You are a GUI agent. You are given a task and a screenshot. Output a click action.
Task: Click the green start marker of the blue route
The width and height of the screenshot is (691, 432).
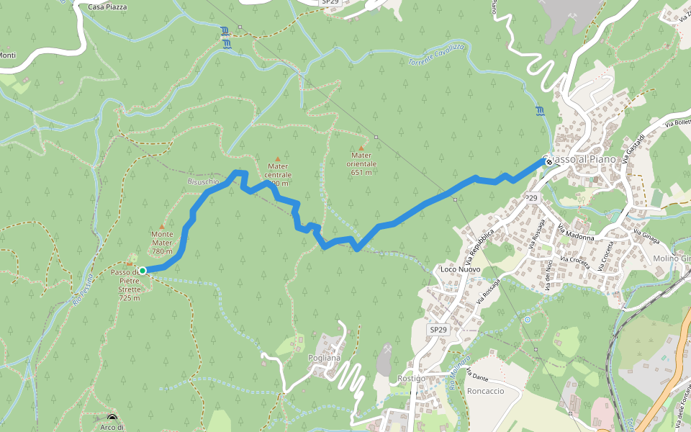143,271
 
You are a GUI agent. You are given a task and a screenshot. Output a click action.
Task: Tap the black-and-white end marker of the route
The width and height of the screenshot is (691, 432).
549,162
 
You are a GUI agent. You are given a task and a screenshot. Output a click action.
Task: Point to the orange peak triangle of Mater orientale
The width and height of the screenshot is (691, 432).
361,148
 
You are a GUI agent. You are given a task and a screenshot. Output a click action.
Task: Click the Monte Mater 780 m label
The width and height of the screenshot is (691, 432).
162,243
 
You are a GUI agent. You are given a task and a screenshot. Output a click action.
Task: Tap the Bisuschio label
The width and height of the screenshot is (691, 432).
203,182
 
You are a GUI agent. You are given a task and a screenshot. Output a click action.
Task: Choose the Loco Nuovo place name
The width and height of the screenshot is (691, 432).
459,270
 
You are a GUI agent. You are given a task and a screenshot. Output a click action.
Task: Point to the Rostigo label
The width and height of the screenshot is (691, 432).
411,379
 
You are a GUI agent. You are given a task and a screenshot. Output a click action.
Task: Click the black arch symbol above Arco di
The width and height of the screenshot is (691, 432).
112,418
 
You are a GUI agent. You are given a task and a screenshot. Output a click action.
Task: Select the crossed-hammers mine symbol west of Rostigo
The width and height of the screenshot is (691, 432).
386,350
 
